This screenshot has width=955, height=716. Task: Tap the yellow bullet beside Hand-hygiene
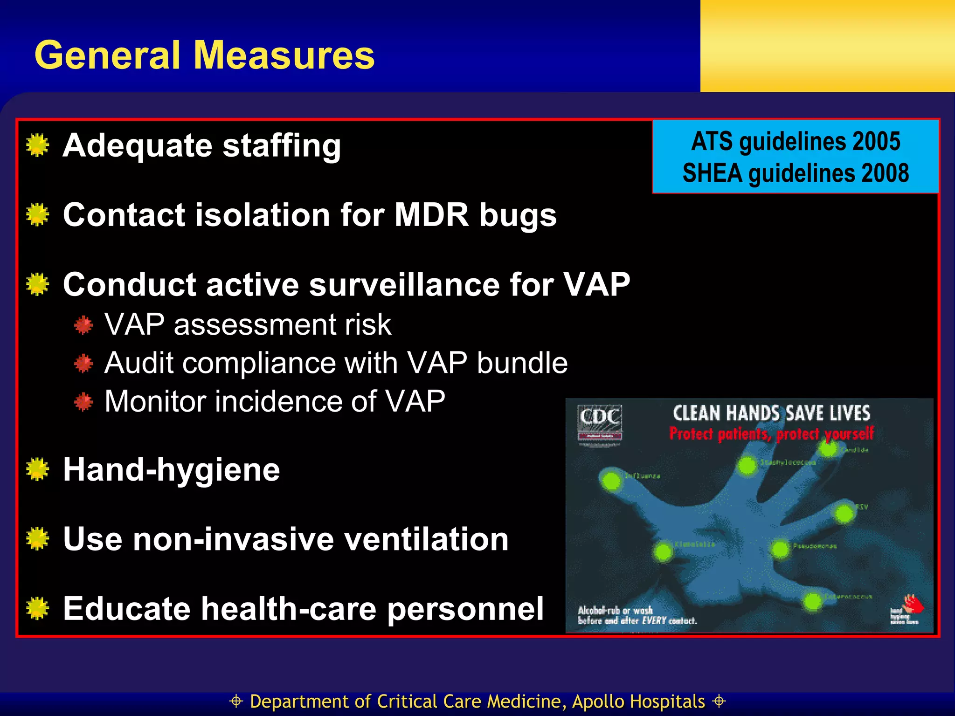tap(38, 469)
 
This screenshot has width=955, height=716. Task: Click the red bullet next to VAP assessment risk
tap(83, 325)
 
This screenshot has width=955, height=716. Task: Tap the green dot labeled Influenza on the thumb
tap(611, 481)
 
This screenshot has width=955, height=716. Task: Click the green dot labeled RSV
tap(844, 514)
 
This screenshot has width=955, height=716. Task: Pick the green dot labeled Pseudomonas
tap(780, 549)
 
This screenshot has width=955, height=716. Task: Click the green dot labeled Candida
tap(829, 449)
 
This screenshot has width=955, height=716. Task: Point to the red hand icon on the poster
tap(913, 605)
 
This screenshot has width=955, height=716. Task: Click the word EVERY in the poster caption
tap(654, 621)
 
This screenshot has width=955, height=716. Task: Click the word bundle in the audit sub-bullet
tap(522, 363)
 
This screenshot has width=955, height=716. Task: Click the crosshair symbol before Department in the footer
tap(236, 701)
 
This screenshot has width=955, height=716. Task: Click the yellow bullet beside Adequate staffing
tap(38, 145)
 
